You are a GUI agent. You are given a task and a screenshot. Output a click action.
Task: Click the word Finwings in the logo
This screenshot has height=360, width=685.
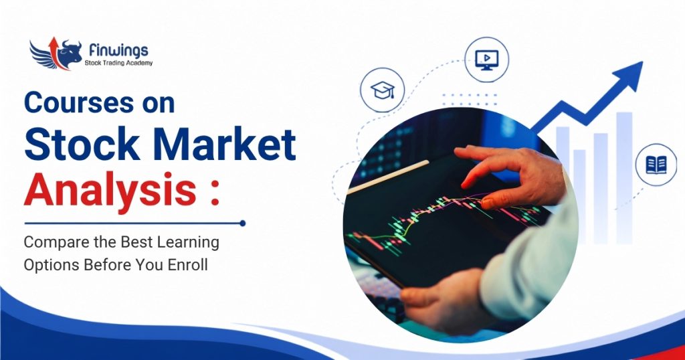click(118, 50)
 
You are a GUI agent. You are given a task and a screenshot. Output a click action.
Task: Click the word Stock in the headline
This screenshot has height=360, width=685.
click(82, 143)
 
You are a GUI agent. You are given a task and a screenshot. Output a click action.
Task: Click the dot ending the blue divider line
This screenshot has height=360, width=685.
click(242, 223)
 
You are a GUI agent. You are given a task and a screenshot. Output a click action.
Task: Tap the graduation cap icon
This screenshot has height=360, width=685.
click(382, 90)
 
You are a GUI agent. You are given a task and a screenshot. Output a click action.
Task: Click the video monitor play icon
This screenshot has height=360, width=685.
click(487, 60)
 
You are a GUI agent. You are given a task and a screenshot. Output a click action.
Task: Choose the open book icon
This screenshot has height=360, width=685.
click(656, 165)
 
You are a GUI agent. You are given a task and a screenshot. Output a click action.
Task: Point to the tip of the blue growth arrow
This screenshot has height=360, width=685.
click(642, 62)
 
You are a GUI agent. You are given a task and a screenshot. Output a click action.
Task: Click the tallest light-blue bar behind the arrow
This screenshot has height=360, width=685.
click(624, 177)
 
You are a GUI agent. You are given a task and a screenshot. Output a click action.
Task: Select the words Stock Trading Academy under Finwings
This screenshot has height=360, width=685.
click(118, 63)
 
